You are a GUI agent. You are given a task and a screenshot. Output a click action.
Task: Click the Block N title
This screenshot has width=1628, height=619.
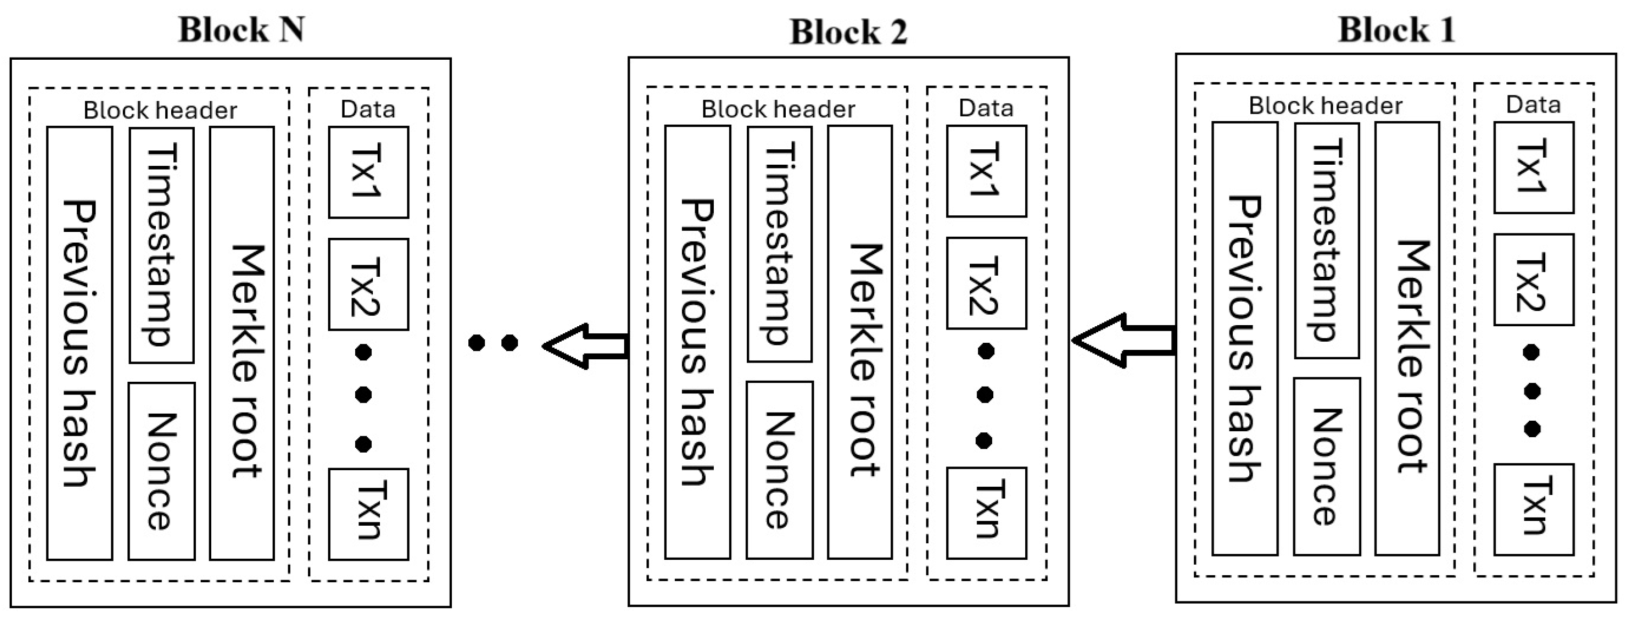(x=242, y=30)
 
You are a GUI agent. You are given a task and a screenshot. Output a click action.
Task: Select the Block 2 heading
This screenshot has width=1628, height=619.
(x=848, y=32)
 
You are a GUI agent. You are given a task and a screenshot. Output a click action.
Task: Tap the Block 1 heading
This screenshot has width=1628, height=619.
(x=1396, y=30)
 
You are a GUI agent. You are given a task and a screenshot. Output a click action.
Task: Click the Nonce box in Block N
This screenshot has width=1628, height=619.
(x=161, y=471)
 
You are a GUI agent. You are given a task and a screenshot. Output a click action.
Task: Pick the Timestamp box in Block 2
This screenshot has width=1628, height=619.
(x=779, y=244)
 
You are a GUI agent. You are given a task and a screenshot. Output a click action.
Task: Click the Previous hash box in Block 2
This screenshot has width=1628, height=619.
(x=697, y=342)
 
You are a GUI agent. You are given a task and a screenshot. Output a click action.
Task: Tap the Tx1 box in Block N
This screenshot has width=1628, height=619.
(x=368, y=172)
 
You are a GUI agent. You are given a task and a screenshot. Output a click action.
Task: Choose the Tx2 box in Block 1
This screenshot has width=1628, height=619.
(x=1533, y=280)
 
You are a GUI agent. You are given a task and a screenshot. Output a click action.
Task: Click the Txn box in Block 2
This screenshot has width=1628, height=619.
(x=986, y=512)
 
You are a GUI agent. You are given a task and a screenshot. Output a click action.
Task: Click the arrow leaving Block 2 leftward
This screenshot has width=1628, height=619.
(x=585, y=345)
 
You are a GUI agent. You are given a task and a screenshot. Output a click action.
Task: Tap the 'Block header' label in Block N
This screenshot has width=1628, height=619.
(x=160, y=110)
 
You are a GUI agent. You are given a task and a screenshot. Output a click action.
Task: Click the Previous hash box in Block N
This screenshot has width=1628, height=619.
(x=79, y=343)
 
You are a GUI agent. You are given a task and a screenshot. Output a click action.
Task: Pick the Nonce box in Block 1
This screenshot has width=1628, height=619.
(x=1327, y=466)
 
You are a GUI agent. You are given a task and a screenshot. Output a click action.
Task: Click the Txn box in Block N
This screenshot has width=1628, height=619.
(x=368, y=513)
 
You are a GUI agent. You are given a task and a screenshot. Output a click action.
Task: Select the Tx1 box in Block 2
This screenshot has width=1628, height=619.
(x=986, y=171)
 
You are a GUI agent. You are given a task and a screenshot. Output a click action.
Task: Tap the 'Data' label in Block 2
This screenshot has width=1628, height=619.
(x=986, y=108)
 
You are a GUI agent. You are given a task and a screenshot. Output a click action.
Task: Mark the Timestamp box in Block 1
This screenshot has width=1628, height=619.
(x=1327, y=240)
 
